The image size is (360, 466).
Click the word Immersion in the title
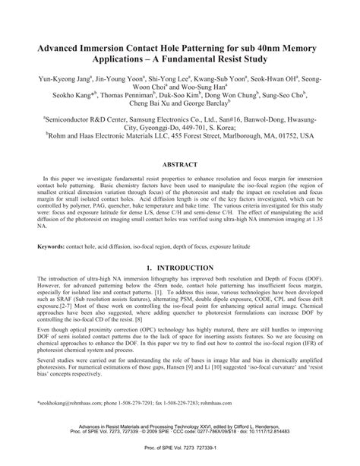point(114,46)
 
